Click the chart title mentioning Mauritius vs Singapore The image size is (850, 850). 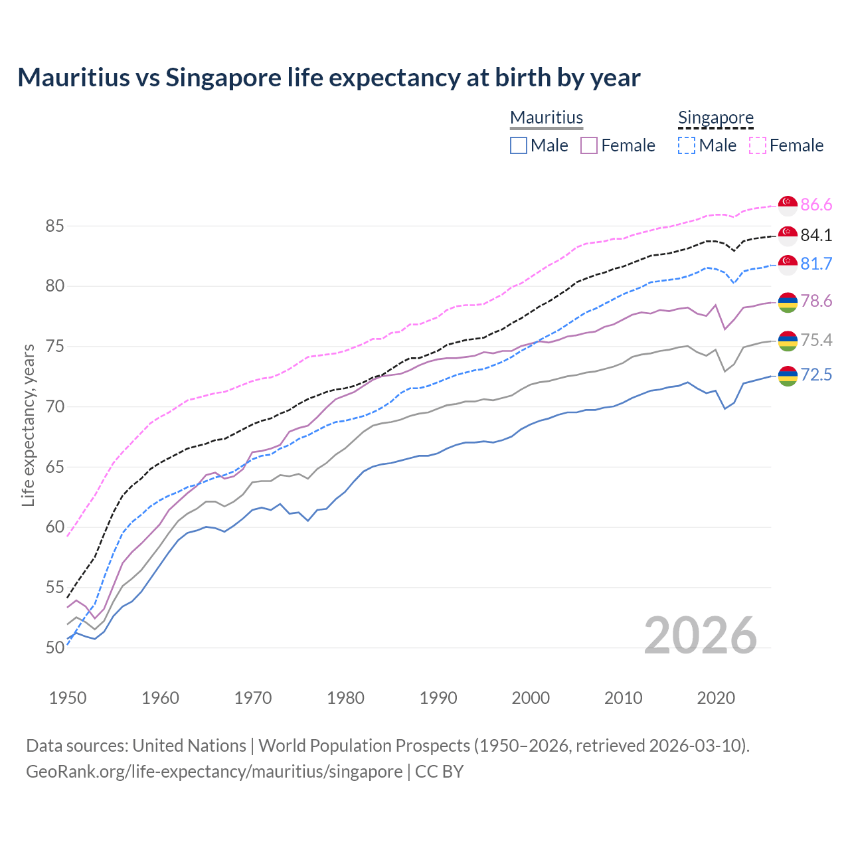[x=329, y=78]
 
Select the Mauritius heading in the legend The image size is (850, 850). [x=547, y=118]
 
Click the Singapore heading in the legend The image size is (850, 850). [x=715, y=118]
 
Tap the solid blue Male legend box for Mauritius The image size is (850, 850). [x=519, y=145]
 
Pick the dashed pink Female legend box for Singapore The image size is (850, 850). [x=758, y=145]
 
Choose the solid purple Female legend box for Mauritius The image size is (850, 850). [x=589, y=145]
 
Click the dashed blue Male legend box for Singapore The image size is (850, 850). [x=687, y=145]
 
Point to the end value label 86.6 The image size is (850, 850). [x=816, y=205]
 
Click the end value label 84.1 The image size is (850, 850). [x=816, y=235]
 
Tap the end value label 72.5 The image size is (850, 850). [x=816, y=375]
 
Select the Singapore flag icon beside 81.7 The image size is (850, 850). [x=788, y=264]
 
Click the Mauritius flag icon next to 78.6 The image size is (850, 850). [x=788, y=301]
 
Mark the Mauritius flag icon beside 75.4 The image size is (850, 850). [x=788, y=341]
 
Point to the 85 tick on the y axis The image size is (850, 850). [x=54, y=226]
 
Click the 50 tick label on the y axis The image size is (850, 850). [x=54, y=648]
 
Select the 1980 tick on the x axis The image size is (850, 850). [x=345, y=698]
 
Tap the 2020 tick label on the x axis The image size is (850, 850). [x=716, y=698]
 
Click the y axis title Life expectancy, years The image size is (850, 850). [x=28, y=425]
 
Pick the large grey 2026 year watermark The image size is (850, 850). [x=700, y=636]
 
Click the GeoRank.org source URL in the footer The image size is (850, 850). [x=214, y=772]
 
